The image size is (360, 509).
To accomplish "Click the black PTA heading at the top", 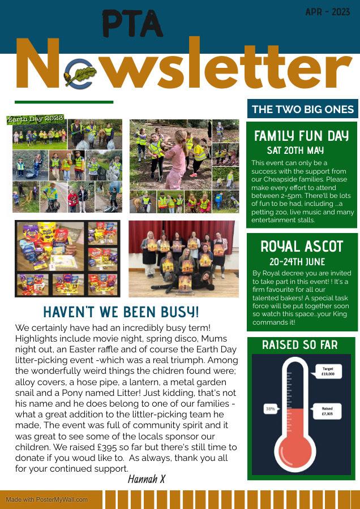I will tap(132, 24).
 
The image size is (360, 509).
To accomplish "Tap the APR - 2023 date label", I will tap(328, 12).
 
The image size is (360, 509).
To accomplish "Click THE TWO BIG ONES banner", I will tap(302, 109).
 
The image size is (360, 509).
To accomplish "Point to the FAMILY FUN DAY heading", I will tap(301, 136).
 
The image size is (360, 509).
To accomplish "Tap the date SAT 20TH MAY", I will tap(295, 150).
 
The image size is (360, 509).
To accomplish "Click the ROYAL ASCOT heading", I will tap(302, 247).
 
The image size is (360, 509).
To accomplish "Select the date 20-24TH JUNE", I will tap(298, 262).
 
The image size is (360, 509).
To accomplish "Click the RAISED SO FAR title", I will tap(300, 345).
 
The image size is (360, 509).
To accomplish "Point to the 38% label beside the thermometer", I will tap(271, 409).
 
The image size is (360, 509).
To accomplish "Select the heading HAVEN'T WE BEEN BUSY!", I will tap(121, 312).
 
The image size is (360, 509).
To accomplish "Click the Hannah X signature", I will tap(146, 479).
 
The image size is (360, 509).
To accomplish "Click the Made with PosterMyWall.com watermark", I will tap(47, 499).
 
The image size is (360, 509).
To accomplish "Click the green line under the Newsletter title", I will tap(64, 102).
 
